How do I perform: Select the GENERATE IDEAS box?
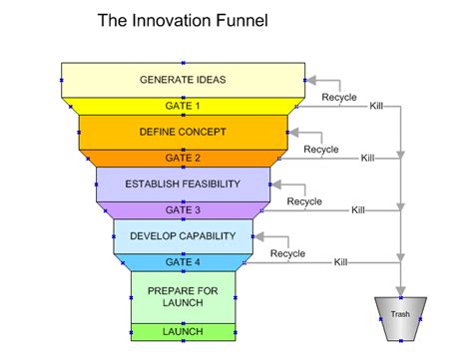[183, 80]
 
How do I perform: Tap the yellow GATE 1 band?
[183, 105]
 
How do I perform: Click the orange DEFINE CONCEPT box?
[183, 132]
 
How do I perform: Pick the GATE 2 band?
[183, 158]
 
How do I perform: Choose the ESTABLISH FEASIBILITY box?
[183, 183]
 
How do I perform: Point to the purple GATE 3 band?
[183, 209]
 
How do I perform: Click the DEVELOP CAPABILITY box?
[183, 236]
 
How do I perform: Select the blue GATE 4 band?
[183, 261]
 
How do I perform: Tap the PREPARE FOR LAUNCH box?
[183, 297]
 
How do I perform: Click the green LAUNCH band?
[183, 331]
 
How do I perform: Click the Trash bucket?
[400, 314]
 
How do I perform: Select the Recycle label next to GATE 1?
[338, 97]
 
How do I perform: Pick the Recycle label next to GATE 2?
[320, 150]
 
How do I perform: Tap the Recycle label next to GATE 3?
[303, 201]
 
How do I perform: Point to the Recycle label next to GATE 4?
[287, 253]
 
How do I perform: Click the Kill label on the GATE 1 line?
[376, 106]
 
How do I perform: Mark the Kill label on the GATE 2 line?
[367, 158]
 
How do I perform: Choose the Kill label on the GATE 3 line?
[357, 210]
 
